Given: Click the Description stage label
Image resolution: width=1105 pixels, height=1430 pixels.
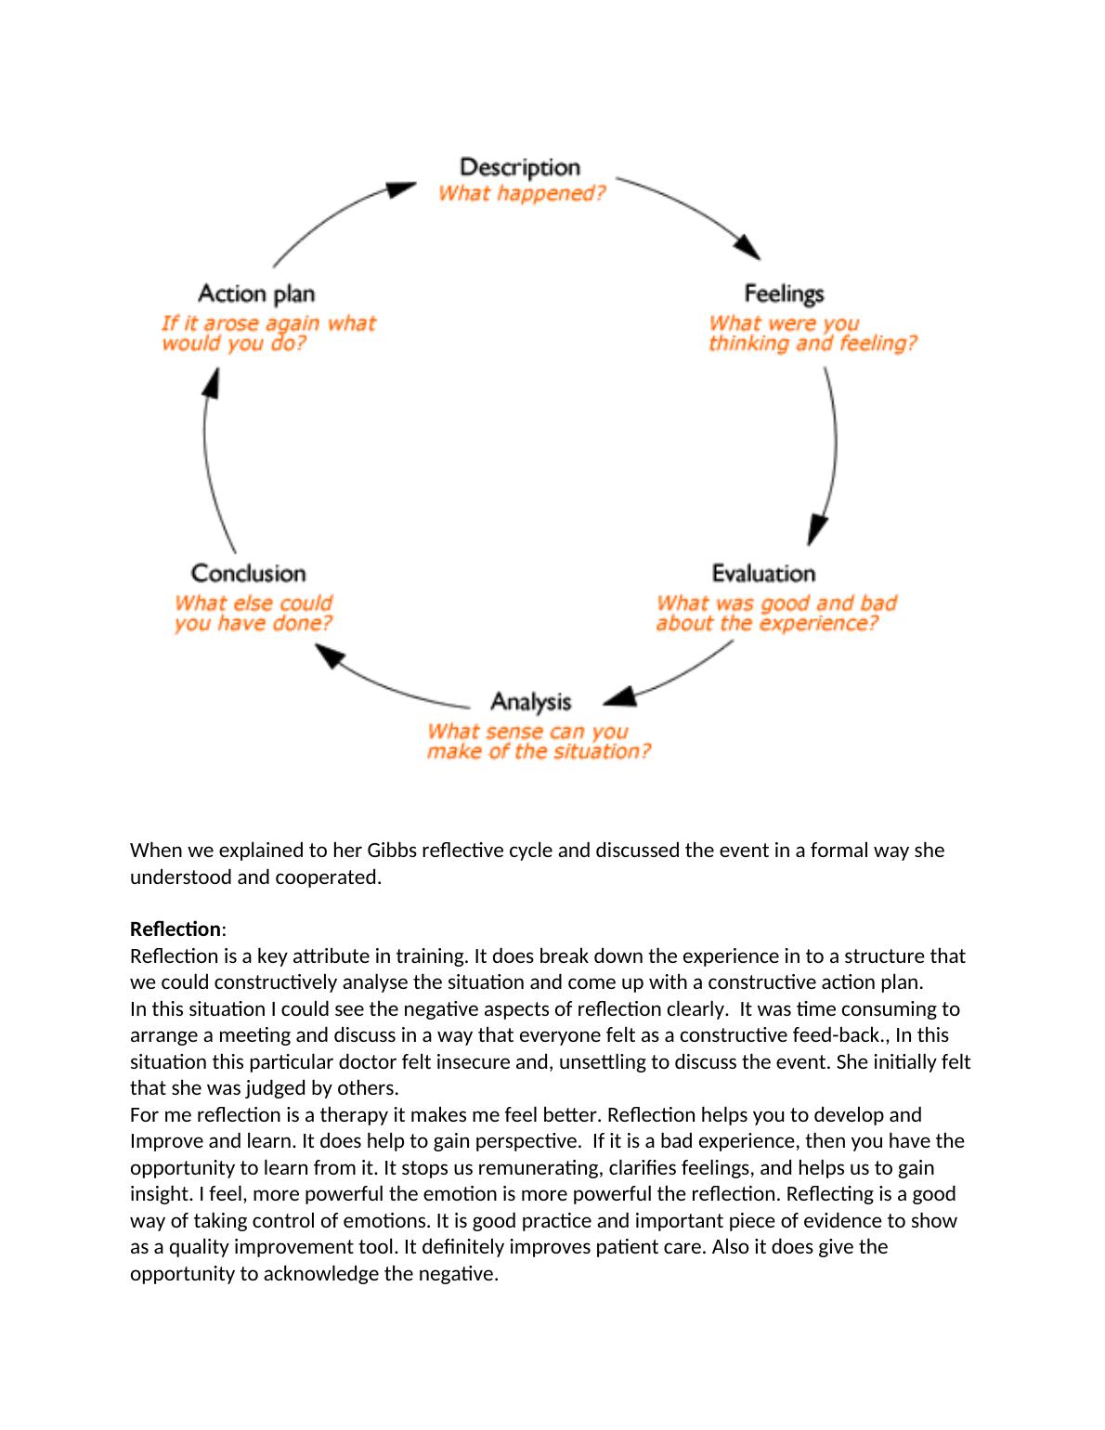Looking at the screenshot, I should [520, 167].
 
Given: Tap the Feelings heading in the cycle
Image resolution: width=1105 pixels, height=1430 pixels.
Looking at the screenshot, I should [784, 293].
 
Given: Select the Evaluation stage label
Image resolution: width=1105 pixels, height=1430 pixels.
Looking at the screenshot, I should [763, 573].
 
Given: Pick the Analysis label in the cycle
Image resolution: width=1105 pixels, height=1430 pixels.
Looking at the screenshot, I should [530, 701].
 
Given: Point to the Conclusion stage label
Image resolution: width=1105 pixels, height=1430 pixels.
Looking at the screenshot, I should [248, 573].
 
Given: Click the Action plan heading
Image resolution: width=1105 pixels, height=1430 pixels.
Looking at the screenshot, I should [256, 293].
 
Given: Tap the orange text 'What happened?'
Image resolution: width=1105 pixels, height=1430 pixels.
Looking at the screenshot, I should [521, 193].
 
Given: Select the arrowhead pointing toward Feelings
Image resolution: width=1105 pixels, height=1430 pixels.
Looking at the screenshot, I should [747, 247].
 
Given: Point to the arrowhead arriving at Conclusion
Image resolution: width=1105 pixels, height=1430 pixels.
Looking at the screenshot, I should [329, 657].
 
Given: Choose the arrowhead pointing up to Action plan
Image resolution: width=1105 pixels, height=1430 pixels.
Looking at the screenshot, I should [212, 382].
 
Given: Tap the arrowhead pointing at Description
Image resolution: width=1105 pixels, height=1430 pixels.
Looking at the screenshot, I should [401, 189].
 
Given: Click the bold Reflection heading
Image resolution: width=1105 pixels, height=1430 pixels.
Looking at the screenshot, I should [175, 929].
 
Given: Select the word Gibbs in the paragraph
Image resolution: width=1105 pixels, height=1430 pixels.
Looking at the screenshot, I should [394, 851].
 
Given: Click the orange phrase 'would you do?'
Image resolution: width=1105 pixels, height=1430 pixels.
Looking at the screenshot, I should [234, 344].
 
